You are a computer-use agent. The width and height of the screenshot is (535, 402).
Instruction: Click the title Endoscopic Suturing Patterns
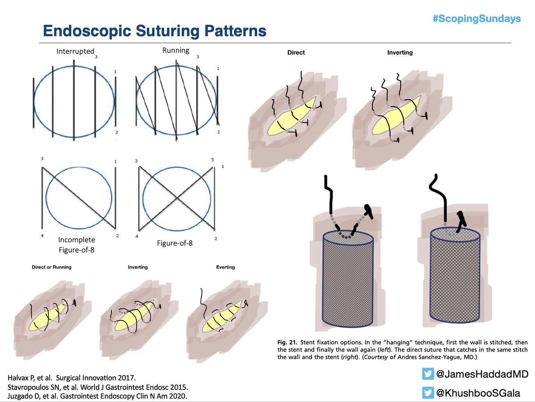pos(154,31)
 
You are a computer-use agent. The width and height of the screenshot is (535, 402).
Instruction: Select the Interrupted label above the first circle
pos(75,51)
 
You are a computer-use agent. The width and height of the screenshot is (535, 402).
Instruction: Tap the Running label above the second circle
pos(176,50)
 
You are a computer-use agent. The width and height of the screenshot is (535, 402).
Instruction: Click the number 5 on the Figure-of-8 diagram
pos(213,160)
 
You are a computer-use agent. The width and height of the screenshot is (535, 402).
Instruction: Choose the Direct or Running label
pos(52,267)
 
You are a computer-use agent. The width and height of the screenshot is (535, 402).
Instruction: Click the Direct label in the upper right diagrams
pos(296,53)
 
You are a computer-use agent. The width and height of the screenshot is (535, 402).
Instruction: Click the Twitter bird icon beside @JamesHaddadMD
pos(428,374)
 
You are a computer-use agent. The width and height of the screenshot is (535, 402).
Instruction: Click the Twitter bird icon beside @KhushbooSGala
pos(428,393)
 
